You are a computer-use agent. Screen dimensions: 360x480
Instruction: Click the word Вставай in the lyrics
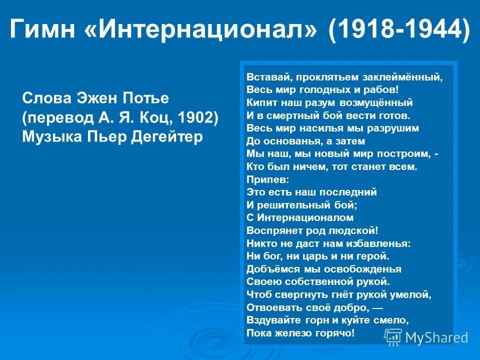coord(265,77)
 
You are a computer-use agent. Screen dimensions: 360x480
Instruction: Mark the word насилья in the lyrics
coord(326,128)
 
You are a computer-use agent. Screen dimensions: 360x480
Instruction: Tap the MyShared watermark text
coord(436,337)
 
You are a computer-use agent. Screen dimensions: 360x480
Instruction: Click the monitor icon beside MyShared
coord(393,337)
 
